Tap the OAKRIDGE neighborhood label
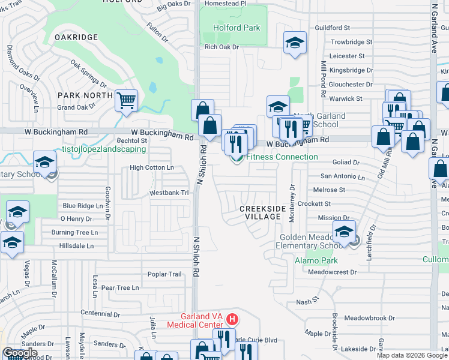coord(76,37)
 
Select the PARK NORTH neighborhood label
coord(85,95)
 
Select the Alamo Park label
coord(316,260)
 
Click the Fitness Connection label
coord(282,157)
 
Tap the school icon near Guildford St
coord(295,43)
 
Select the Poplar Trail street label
coord(164,274)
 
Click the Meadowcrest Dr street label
coord(332,272)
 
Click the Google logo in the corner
coord(20,353)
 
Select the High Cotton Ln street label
coord(152,168)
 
